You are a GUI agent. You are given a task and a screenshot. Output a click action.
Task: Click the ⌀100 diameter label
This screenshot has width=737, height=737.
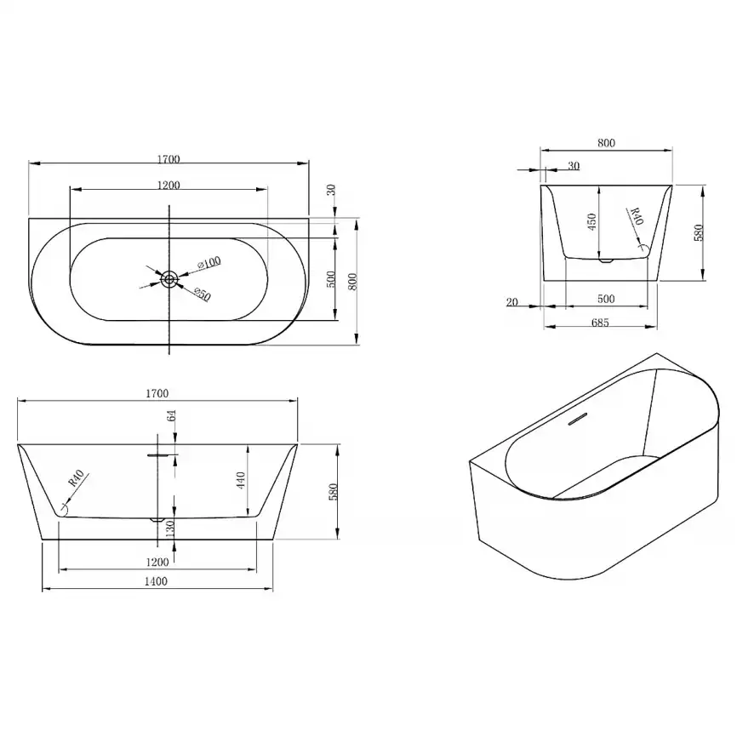point(209,263)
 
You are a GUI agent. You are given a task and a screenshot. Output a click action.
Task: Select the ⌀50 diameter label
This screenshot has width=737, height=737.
point(202,294)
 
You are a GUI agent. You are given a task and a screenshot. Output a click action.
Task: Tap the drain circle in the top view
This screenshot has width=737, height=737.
point(169,280)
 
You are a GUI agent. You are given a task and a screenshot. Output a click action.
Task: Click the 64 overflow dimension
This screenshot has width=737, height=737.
point(172,415)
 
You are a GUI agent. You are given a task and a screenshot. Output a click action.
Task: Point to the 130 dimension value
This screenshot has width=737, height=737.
point(170,528)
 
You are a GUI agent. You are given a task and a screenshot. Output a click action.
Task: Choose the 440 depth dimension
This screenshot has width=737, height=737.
point(241,480)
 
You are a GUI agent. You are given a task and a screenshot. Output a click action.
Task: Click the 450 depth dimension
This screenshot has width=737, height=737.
point(591,222)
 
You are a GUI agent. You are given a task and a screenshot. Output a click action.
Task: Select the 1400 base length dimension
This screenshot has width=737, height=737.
point(156,581)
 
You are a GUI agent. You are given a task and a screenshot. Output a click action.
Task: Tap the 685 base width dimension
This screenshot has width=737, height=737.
point(600,323)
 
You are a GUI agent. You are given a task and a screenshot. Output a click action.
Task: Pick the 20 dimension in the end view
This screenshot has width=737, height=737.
point(511,302)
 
